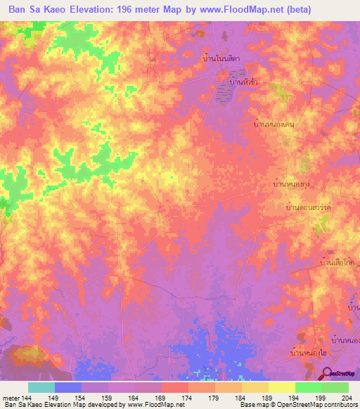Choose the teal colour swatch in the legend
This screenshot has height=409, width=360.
[x=41, y=387]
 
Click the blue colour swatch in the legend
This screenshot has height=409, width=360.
[x=68, y=387]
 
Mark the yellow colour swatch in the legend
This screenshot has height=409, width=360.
[x=281, y=387]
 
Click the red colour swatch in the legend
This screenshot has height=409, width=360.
[x=174, y=387]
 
